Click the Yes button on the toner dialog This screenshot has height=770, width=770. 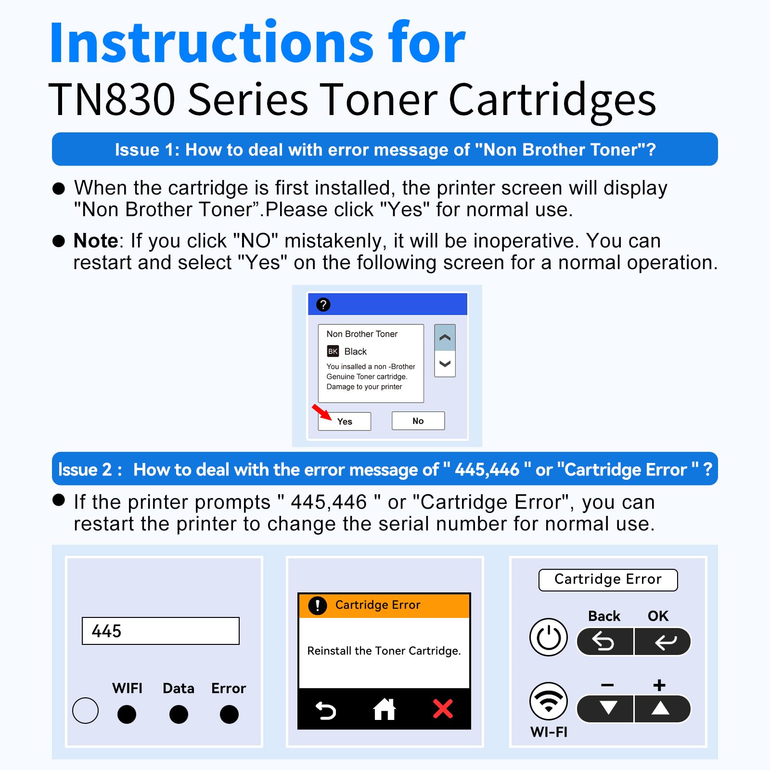345,421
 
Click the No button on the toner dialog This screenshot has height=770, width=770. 418,421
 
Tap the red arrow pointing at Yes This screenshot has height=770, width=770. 321,412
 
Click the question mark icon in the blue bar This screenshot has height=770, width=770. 323,305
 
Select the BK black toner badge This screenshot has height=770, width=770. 333,351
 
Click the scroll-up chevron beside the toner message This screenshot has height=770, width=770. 445,337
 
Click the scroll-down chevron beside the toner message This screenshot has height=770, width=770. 445,364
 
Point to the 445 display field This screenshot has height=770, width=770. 160,631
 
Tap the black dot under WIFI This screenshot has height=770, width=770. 127,714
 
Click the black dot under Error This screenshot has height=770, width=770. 229,714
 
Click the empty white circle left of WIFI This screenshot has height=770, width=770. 85,711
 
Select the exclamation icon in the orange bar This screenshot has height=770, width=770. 318,605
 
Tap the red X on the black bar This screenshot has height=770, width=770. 443,709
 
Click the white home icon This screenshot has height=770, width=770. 385,709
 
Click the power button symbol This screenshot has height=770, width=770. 549,637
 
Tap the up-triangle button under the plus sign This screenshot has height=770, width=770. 661,708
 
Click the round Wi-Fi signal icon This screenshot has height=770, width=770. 549,701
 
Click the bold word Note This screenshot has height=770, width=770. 95,241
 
